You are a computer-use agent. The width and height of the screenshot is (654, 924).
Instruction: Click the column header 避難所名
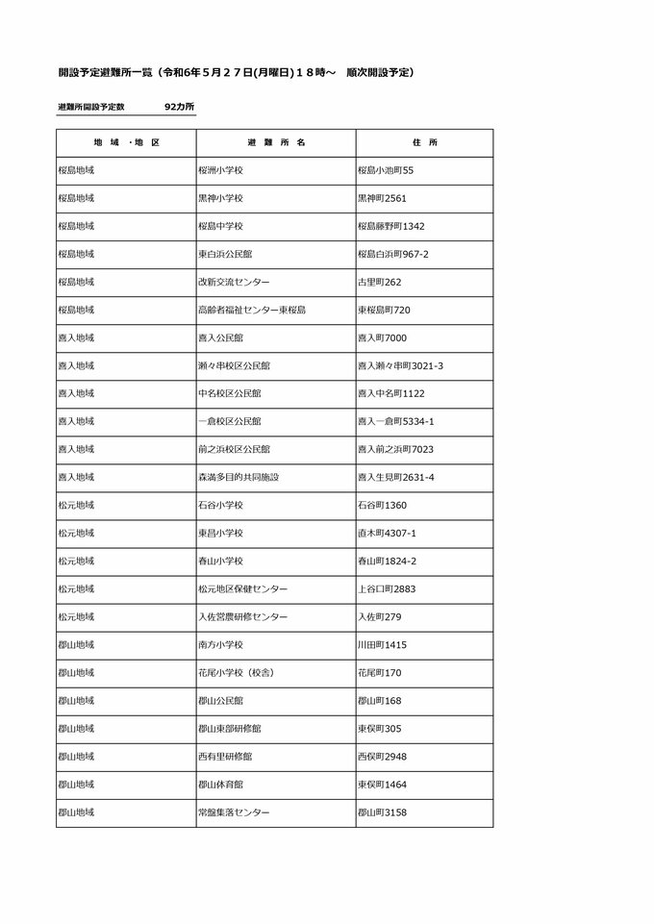pyautogui.click(x=276, y=142)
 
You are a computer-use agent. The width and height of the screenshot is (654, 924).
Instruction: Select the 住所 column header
pyautogui.click(x=424, y=142)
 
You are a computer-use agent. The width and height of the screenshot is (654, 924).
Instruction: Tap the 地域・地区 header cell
pyautogui.click(x=126, y=142)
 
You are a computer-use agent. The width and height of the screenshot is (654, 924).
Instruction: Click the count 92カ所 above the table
pyautogui.click(x=179, y=107)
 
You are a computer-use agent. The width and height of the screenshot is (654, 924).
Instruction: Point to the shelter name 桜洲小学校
pyautogui.click(x=220, y=170)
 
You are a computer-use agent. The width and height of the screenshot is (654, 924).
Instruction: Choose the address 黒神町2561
pyautogui.click(x=383, y=198)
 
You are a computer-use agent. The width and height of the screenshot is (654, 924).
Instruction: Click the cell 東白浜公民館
pyautogui.click(x=224, y=254)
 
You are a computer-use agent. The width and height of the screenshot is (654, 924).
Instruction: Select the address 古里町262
pyautogui.click(x=379, y=282)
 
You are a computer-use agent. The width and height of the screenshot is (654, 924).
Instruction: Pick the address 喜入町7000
pyautogui.click(x=383, y=337)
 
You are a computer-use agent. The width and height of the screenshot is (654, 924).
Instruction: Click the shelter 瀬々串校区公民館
pyautogui.click(x=234, y=365)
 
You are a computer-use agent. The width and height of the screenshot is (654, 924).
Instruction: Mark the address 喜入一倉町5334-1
pyautogui.click(x=395, y=421)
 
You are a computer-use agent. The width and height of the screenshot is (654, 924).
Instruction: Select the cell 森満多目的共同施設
pyautogui.click(x=238, y=477)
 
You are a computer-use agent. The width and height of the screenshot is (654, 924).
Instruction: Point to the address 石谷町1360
pyautogui.click(x=382, y=505)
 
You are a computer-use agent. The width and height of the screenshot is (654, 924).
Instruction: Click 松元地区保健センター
pyautogui.click(x=241, y=588)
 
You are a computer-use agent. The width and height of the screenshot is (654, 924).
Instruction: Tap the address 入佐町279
pyautogui.click(x=379, y=616)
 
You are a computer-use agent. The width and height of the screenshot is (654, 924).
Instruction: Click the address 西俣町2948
pyautogui.click(x=382, y=757)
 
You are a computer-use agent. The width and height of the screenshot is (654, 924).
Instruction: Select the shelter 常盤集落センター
pyautogui.click(x=233, y=812)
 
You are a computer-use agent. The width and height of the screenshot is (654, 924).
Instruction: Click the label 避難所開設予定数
pyautogui.click(x=97, y=107)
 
